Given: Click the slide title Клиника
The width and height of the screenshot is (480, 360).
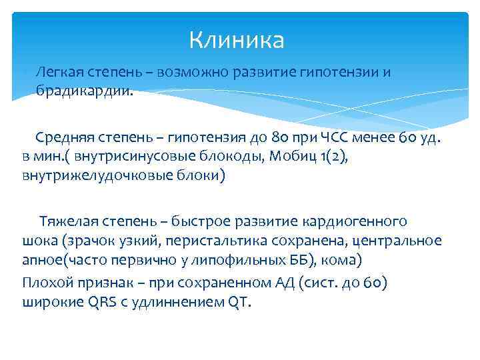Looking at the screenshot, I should click(237, 41).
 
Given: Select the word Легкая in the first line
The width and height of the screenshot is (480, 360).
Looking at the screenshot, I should click(57, 72).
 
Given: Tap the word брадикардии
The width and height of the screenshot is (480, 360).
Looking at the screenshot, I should click(84, 92).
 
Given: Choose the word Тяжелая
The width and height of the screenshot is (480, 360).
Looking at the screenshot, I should click(67, 221).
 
